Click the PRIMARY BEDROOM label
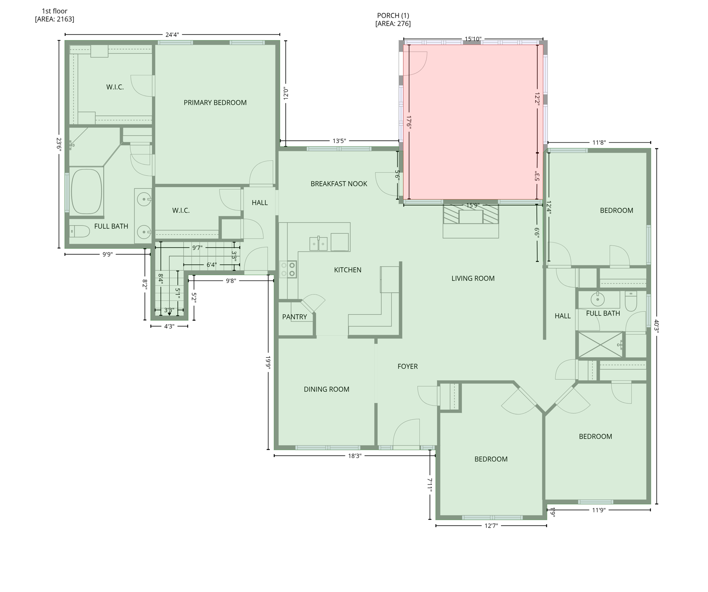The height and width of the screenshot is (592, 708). [x=215, y=103]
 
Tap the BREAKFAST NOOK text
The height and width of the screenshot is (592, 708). [x=339, y=184]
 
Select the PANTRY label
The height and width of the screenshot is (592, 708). [x=294, y=317]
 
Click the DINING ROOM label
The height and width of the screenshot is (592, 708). [x=326, y=389]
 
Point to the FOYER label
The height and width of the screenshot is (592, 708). [x=407, y=367]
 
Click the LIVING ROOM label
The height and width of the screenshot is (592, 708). [x=473, y=278]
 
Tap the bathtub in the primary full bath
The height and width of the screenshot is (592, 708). [x=87, y=191]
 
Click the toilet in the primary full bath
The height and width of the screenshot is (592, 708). [x=80, y=231]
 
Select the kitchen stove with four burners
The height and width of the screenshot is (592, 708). [x=288, y=269]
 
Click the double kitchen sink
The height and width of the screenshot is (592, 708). [x=318, y=244]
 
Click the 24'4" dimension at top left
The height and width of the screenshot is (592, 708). [x=172, y=35]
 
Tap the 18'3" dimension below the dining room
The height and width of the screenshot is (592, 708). [x=355, y=456]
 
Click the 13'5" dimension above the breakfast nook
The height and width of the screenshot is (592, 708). [x=339, y=141]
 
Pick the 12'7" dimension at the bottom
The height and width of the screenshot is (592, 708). [x=491, y=526]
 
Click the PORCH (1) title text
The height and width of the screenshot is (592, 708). [x=393, y=15]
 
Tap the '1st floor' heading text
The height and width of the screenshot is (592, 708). [x=54, y=11]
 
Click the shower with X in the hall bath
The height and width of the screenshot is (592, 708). [x=599, y=345]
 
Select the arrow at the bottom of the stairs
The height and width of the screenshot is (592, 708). [x=169, y=314]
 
